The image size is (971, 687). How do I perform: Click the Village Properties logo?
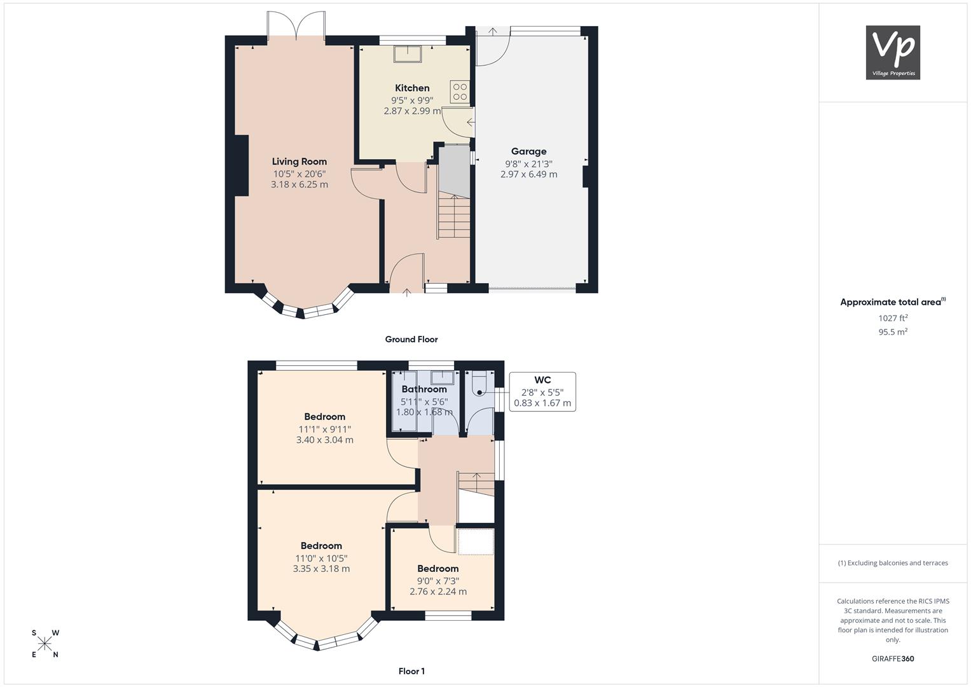[x=893, y=52]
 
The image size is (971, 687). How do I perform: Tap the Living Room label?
[x=299, y=162]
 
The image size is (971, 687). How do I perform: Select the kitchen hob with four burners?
[x=460, y=92]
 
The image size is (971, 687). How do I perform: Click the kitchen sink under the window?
[x=408, y=54]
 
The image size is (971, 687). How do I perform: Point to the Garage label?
[x=528, y=151]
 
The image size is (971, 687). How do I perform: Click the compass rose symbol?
[x=45, y=644]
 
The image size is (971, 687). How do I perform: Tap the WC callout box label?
[x=542, y=380]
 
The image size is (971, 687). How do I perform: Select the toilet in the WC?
[x=480, y=384]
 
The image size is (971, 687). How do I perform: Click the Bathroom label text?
[x=424, y=389]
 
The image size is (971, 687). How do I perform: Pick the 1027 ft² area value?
[x=893, y=318]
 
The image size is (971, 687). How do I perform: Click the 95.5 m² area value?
[x=893, y=332]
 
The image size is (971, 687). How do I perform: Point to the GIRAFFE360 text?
[x=893, y=658]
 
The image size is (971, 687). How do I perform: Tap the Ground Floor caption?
[x=411, y=339]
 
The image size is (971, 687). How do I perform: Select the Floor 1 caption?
[x=411, y=671]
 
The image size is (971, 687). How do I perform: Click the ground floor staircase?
[x=454, y=217]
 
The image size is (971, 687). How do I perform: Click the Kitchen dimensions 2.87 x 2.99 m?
[x=412, y=111]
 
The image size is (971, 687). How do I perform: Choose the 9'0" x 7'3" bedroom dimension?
[x=438, y=581]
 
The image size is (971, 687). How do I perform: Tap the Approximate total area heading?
[x=893, y=302]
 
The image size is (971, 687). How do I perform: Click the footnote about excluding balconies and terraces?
[x=893, y=563]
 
